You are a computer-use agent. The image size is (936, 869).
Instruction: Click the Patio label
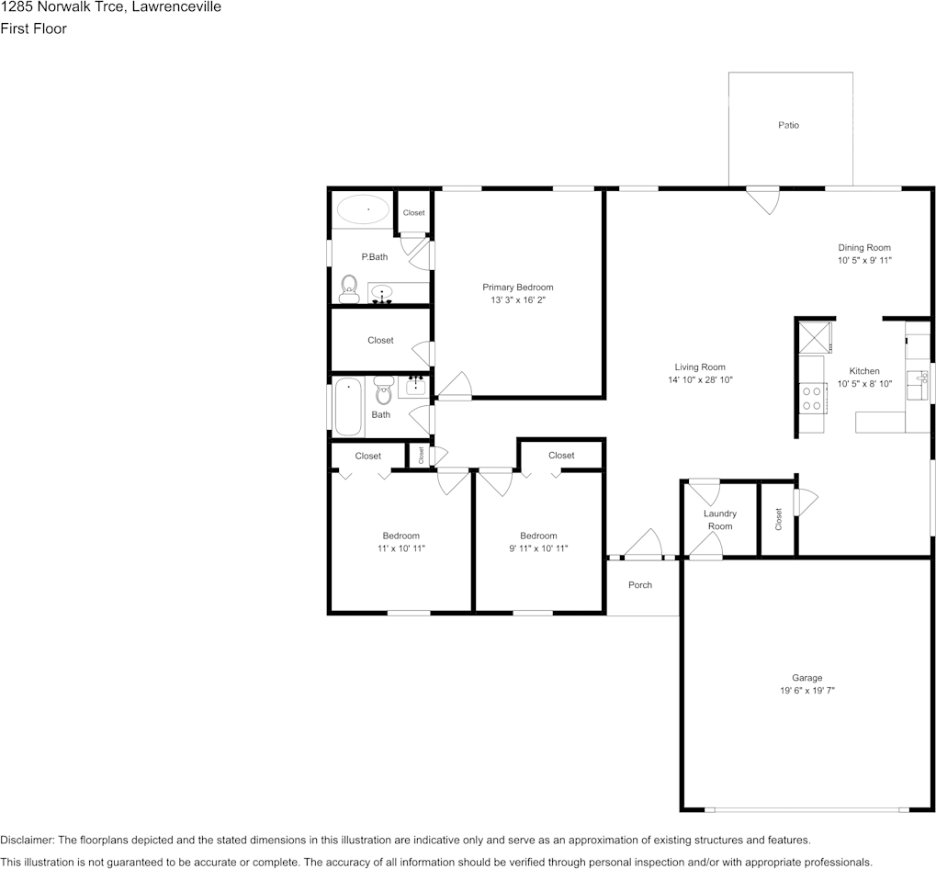[788, 125]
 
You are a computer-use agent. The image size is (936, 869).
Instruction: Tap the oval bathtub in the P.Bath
[362, 210]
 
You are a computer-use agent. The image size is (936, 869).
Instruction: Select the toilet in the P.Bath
[348, 289]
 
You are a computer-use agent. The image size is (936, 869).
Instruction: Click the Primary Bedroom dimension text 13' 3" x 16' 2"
[518, 300]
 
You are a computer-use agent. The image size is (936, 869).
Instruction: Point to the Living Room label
[700, 367]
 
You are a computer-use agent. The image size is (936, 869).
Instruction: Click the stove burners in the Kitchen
[812, 398]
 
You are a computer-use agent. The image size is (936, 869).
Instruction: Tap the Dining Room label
[863, 247]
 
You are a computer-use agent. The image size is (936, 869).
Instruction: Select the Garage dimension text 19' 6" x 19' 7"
[807, 691]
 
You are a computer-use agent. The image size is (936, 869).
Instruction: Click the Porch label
[640, 585]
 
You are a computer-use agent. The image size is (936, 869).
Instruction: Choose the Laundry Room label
[720, 520]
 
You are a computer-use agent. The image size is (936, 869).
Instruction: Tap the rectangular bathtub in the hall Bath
[349, 408]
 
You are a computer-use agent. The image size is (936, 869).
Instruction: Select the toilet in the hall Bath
[384, 393]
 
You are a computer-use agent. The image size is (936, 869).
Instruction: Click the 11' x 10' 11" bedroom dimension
[400, 548]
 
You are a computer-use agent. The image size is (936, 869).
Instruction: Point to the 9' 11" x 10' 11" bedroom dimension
[538, 548]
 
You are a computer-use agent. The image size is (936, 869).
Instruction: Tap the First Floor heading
[33, 28]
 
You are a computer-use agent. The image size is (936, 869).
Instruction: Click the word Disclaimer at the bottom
[28, 840]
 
